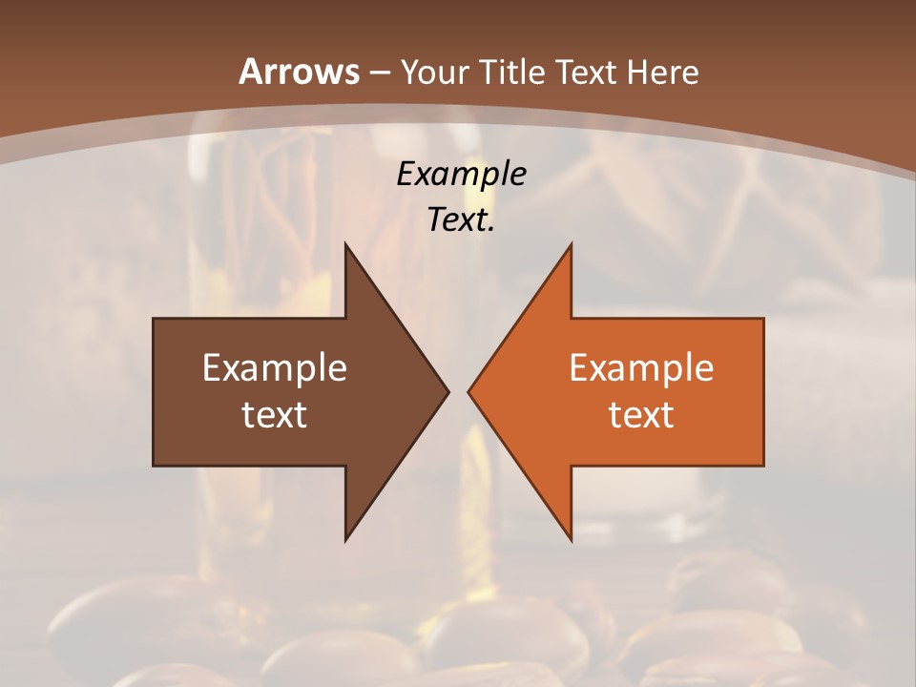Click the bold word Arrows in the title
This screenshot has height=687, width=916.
[298, 72]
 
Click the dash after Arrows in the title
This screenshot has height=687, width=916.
[378, 73]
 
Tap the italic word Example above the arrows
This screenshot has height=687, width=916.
[461, 175]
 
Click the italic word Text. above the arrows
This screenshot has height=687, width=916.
[461, 220]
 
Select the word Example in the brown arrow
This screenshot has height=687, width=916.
[275, 368]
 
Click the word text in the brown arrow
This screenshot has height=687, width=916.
[275, 414]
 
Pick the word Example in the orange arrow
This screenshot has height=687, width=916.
[641, 368]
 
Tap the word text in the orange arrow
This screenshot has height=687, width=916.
[641, 414]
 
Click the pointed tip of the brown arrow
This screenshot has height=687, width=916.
[447, 391]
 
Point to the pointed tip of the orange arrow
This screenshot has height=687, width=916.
[469, 391]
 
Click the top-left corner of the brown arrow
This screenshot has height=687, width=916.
[155, 320]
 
